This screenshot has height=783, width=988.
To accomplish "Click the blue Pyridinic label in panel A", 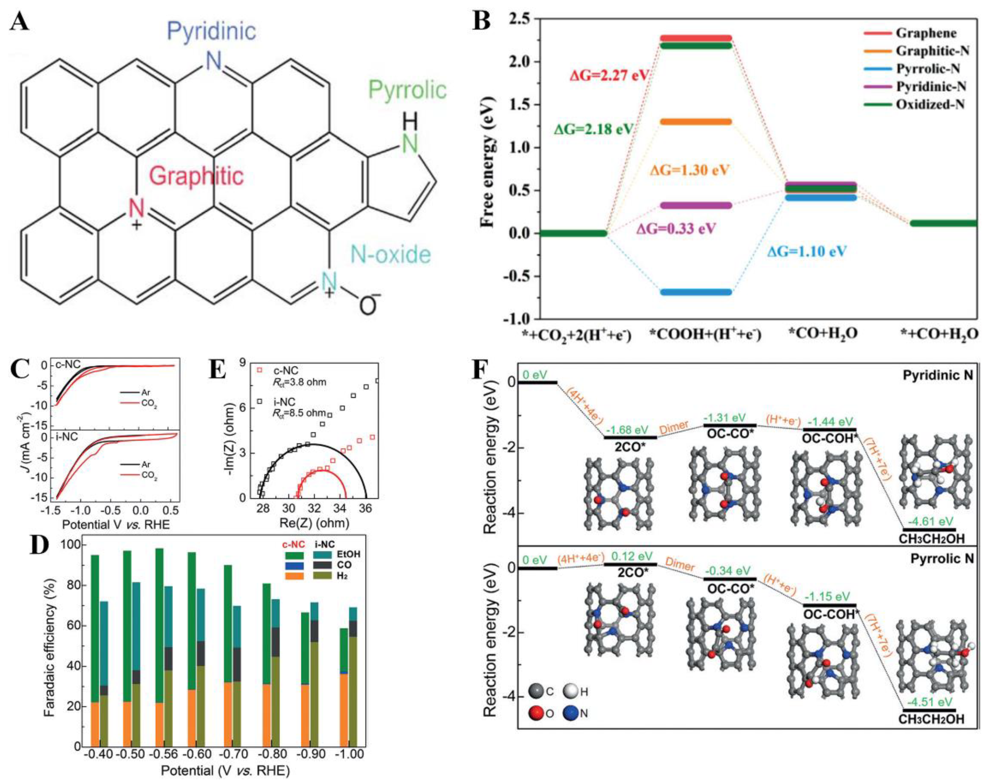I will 211,31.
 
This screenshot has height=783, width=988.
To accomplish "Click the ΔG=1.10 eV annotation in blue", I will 807,251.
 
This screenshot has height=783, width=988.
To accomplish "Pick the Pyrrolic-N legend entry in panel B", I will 928,69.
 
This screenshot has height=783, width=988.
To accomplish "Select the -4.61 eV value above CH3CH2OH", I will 930,521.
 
